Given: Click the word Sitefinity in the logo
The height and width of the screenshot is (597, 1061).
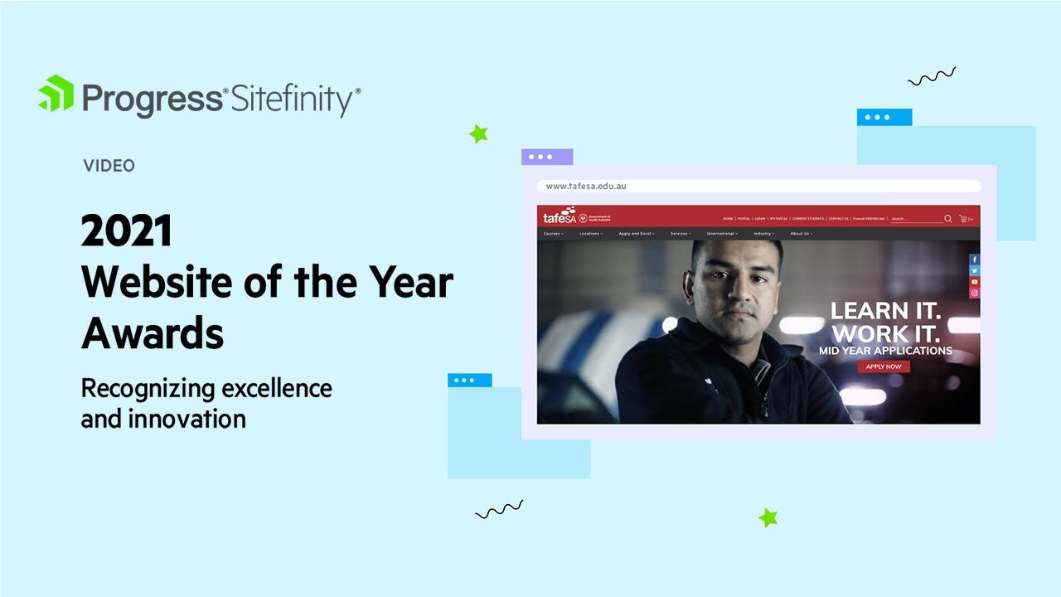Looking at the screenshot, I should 293,99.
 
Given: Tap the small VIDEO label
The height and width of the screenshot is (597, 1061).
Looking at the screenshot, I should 109,166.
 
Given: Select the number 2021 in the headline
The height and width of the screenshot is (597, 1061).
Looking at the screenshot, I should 126,231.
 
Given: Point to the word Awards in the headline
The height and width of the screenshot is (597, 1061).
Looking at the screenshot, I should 153,333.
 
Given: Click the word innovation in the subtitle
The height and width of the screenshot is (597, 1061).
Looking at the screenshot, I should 187,419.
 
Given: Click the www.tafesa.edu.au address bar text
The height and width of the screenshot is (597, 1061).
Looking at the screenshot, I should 586,187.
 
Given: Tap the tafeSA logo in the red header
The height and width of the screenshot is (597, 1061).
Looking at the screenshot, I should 559,217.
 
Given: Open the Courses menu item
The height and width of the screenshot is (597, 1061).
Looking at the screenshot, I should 553,234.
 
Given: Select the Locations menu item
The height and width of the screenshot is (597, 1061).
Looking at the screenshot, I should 590,234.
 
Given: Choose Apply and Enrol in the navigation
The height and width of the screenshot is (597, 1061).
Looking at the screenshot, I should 636,234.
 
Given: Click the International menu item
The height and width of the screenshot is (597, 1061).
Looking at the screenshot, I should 722,234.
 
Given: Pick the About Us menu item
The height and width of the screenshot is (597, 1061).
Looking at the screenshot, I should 801,234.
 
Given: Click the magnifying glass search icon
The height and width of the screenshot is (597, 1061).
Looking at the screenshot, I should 948,219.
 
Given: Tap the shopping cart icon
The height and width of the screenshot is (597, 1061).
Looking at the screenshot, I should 963,219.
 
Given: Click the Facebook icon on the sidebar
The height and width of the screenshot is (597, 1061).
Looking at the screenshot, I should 974,260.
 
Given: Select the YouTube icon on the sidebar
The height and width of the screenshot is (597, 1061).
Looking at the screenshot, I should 974,282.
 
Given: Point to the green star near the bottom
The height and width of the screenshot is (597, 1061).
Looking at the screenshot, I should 768,518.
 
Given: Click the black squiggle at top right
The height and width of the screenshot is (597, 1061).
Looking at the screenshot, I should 932,77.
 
